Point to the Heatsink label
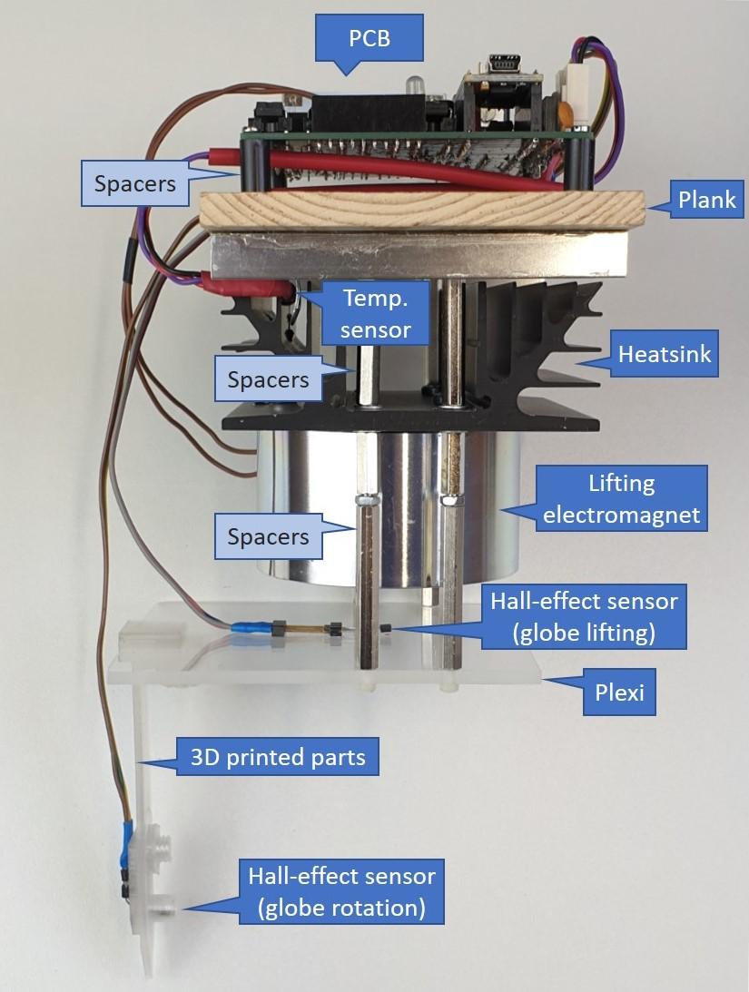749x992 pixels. (x=665, y=354)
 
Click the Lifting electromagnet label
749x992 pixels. (x=621, y=498)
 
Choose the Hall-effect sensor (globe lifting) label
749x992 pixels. (x=584, y=615)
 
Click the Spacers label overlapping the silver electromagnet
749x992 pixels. (x=269, y=536)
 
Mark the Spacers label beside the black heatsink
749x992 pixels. (x=269, y=378)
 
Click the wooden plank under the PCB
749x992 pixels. (x=418, y=211)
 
